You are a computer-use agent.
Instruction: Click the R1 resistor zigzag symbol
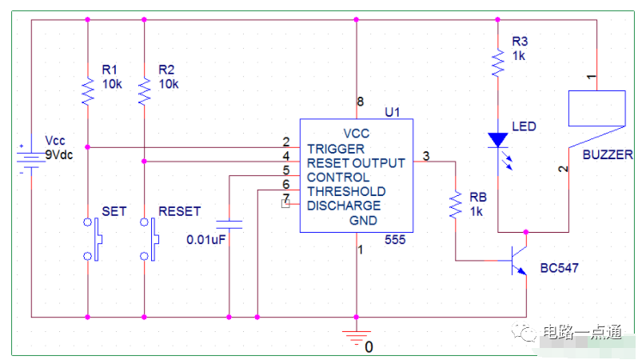[x=88, y=92]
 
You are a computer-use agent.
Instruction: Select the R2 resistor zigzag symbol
[x=144, y=92]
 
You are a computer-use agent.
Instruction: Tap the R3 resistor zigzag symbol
[x=498, y=62]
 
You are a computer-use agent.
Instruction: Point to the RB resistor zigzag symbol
[x=456, y=205]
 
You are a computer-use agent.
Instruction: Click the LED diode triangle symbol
[x=498, y=140]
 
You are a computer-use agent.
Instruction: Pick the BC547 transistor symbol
[x=519, y=261]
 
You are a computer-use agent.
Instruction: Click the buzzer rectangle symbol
[x=597, y=108]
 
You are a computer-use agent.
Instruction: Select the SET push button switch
[x=94, y=239]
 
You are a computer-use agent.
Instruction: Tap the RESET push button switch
[x=150, y=239]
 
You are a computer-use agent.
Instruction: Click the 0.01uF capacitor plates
[x=229, y=225]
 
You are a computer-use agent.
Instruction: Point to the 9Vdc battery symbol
[x=31, y=159]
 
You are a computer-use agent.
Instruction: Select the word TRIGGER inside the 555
[x=336, y=149]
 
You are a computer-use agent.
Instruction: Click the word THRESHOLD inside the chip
[x=346, y=191]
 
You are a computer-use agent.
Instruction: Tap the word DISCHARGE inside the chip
[x=344, y=206]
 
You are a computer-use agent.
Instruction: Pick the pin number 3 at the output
[x=426, y=156]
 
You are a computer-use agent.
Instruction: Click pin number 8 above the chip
[x=361, y=102]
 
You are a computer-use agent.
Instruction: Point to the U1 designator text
[x=393, y=112]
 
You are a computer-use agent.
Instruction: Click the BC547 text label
[x=560, y=268]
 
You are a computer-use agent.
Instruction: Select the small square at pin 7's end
[x=285, y=203]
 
